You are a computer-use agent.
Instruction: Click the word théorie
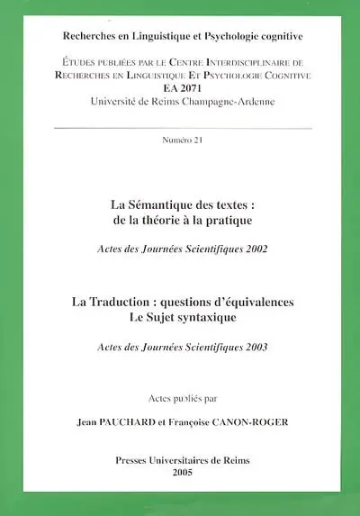[x=197, y=220]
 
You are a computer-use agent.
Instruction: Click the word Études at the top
[x=88, y=60]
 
